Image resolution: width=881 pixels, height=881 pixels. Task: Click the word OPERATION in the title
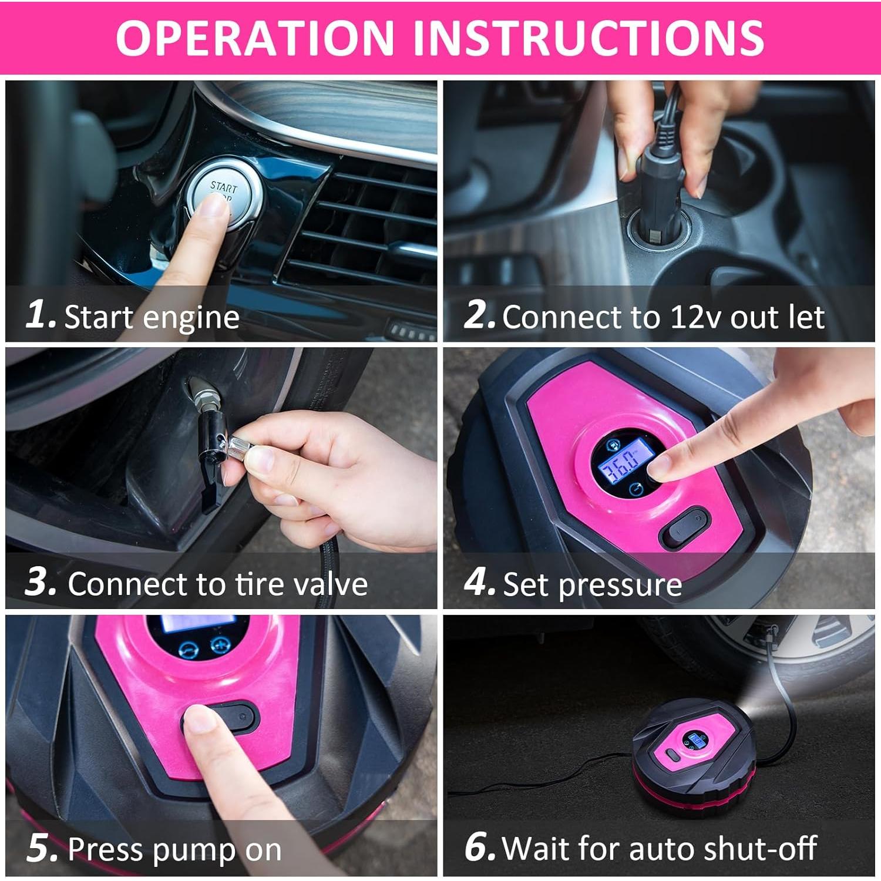(254, 38)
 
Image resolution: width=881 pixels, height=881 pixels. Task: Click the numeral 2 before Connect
(479, 315)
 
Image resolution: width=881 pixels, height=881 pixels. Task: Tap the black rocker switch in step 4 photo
(685, 527)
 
